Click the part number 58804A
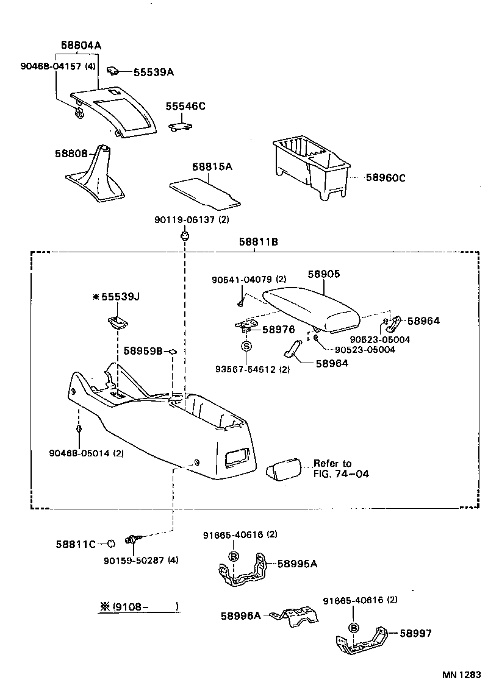pos(81,45)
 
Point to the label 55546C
pos(185,106)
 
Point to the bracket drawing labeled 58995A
pos(244,572)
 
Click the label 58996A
pos(240,615)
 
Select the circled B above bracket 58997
pos(353,628)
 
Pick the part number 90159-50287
pos(144,560)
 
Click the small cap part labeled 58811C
pos(112,544)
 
